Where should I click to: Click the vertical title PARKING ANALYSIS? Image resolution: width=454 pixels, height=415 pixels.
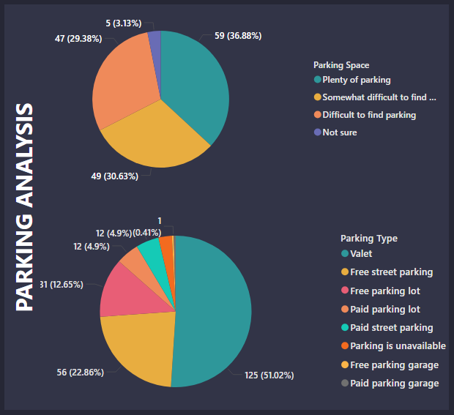(x=26, y=208)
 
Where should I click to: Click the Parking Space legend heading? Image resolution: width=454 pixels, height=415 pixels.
(x=341, y=65)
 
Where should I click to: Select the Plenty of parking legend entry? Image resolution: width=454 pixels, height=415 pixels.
(x=356, y=80)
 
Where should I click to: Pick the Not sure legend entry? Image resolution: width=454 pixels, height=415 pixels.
(x=339, y=132)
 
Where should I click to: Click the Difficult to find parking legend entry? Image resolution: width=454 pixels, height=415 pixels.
(x=368, y=115)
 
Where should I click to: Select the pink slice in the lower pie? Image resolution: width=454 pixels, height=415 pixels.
(x=124, y=289)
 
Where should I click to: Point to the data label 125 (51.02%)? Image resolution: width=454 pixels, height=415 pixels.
(x=269, y=375)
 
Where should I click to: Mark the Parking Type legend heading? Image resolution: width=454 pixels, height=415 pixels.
(x=369, y=238)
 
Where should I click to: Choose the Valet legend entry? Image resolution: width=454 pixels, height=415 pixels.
(x=360, y=253)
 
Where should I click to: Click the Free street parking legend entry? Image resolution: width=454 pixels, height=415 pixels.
(x=391, y=272)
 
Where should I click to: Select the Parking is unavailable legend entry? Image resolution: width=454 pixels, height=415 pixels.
(x=398, y=346)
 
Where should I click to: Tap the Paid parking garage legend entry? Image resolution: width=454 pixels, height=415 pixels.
(x=394, y=384)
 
